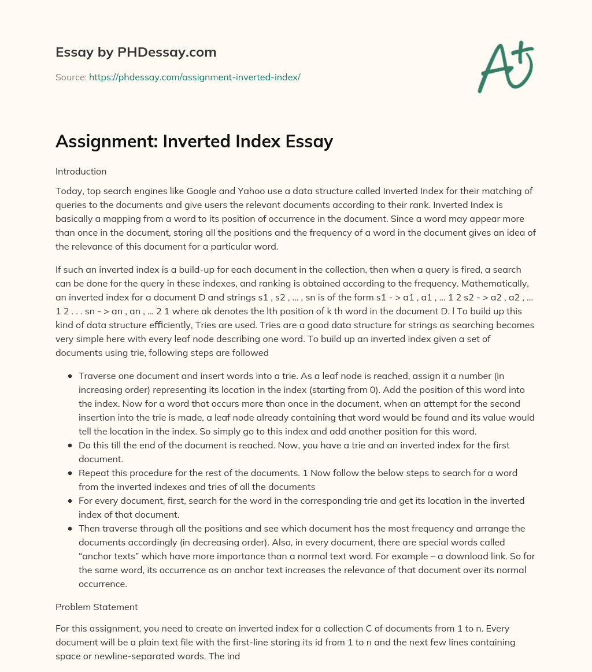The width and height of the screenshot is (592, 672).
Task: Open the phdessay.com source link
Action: (x=194, y=77)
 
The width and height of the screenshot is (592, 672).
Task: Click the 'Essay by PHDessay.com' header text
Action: (x=136, y=53)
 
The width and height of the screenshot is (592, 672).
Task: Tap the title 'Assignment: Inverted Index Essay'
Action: (x=194, y=142)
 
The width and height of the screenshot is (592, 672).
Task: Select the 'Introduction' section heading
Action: (x=81, y=172)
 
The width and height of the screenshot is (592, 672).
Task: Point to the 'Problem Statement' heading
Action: (x=97, y=607)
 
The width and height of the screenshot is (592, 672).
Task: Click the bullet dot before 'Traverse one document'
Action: (x=69, y=376)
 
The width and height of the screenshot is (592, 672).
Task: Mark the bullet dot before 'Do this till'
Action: (x=69, y=445)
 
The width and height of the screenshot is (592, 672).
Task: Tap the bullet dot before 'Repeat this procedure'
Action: (x=69, y=473)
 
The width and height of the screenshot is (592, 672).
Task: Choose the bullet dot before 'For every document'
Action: (x=69, y=501)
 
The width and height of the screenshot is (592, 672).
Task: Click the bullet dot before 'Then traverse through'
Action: (x=69, y=529)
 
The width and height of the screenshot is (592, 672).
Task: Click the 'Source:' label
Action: (x=71, y=77)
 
